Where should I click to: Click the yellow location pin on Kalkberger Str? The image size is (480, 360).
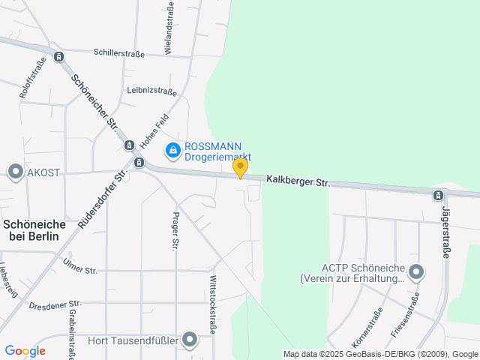(x=240, y=167)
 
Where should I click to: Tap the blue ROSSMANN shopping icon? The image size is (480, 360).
(x=173, y=151)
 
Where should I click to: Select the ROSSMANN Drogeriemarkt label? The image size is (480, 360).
(x=217, y=151)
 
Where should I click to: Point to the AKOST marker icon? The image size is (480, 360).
(x=15, y=172)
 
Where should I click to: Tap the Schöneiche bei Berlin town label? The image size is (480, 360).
(x=34, y=229)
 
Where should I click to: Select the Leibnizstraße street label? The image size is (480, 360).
(x=151, y=91)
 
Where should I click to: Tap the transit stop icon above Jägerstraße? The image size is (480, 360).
(x=438, y=196)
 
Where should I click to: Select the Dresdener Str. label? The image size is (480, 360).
(x=53, y=306)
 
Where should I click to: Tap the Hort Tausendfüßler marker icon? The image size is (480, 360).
(x=190, y=340)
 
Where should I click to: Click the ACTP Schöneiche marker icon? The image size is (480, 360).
(x=416, y=271)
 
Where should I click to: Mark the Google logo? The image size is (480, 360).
(x=25, y=351)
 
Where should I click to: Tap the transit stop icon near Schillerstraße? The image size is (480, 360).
(x=59, y=56)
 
